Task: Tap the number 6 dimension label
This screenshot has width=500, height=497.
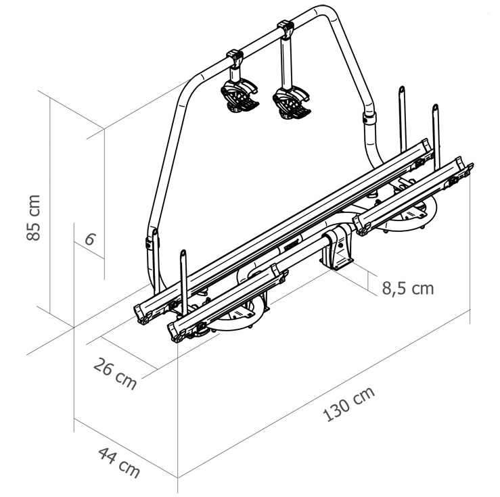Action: point(89,239)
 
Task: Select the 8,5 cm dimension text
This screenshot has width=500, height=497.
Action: point(407,288)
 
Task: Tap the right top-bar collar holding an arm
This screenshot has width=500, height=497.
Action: point(286,29)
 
